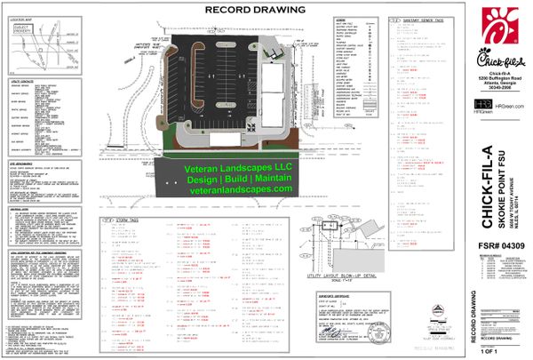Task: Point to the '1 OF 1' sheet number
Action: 484,352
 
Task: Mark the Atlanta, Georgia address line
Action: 491,84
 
